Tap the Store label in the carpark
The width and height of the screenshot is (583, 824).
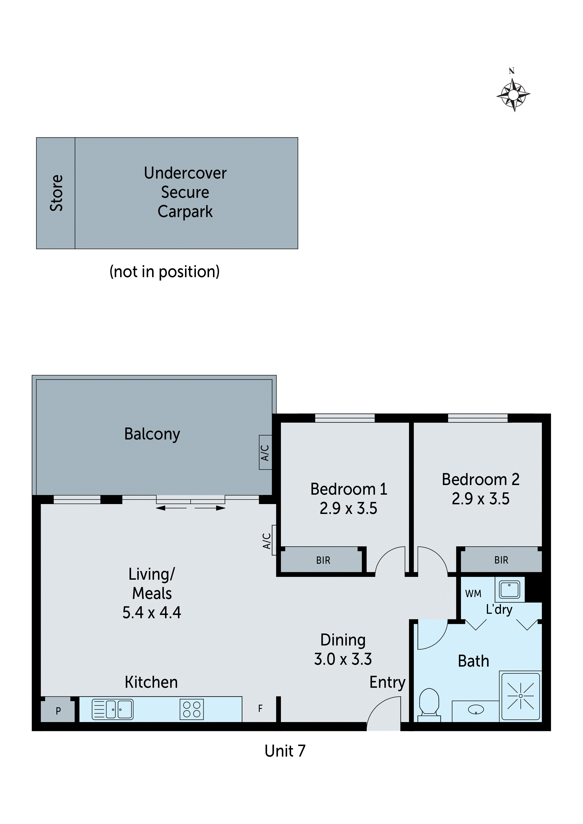pyautogui.click(x=56, y=193)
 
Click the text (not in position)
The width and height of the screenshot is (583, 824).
pyautogui.click(x=165, y=272)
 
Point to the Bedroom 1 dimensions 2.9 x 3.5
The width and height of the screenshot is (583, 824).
pyautogui.click(x=348, y=509)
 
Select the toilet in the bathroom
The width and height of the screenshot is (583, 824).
pyautogui.click(x=429, y=704)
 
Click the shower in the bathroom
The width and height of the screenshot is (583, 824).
pyautogui.click(x=520, y=696)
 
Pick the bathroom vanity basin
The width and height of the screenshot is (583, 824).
pyautogui.click(x=476, y=710)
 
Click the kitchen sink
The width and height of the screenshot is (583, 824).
pyautogui.click(x=112, y=710)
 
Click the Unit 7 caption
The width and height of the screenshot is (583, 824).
pyautogui.click(x=285, y=751)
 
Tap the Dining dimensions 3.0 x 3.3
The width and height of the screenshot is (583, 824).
pyautogui.click(x=343, y=659)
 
